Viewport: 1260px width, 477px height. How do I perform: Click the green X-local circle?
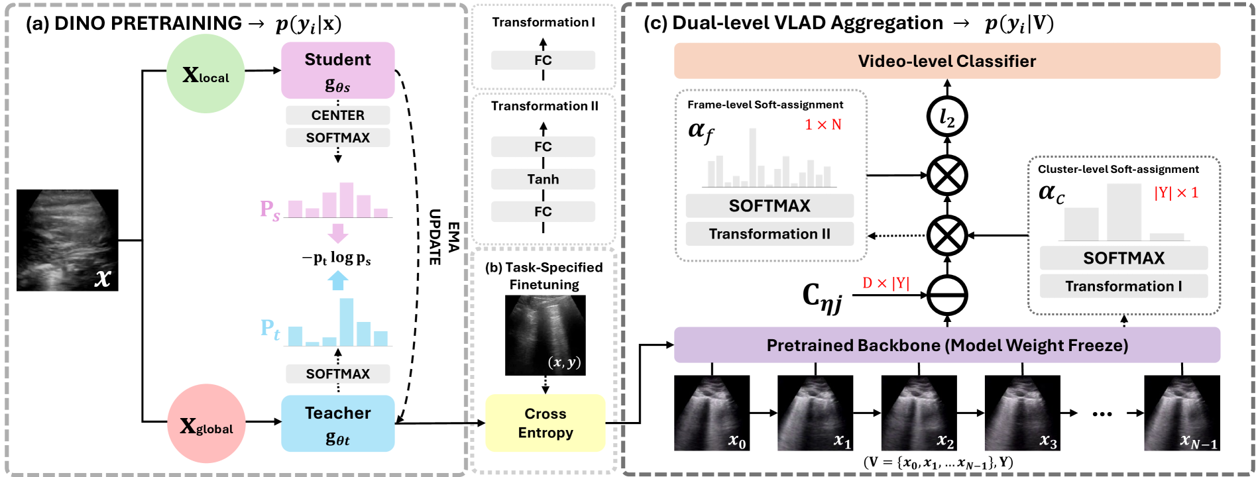click(205, 74)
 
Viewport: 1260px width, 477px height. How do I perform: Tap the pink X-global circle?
click(206, 425)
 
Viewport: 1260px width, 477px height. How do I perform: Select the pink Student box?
click(337, 70)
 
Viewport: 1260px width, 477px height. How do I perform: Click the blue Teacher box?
click(337, 423)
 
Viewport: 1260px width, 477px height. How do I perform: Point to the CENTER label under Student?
click(337, 115)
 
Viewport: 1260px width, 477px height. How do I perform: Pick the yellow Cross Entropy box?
click(545, 423)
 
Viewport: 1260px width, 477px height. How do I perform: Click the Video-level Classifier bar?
click(946, 61)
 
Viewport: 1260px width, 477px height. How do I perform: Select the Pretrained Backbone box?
click(946, 345)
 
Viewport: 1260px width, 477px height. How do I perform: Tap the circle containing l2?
click(946, 117)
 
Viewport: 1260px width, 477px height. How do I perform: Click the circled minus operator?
click(946, 295)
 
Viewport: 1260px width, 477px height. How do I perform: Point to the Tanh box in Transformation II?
click(543, 180)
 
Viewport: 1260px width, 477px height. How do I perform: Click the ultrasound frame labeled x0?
click(712, 413)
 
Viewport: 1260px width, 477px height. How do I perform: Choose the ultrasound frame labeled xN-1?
click(1182, 413)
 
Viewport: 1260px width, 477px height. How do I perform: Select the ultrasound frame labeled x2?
click(919, 413)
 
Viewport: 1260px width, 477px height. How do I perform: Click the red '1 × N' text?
click(823, 125)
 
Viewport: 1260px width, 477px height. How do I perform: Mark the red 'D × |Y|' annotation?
click(886, 283)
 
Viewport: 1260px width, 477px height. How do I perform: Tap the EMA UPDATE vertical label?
click(443, 237)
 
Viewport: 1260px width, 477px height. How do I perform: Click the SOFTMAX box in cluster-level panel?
click(1123, 258)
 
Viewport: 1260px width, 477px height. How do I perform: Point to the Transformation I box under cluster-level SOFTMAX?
click(1123, 286)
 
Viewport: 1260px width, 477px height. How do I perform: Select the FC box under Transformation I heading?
click(543, 60)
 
